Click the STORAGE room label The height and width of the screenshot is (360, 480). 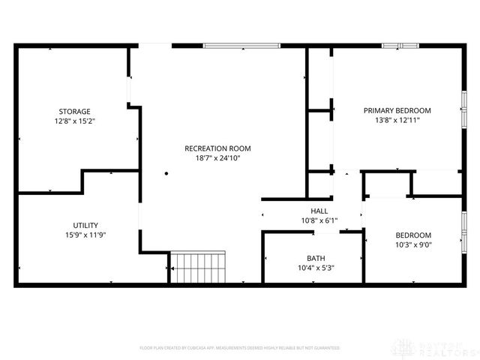pyautogui.click(x=74, y=111)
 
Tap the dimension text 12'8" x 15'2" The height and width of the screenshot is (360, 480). pyautogui.click(x=74, y=121)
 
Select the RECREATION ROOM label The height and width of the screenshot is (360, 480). pyautogui.click(x=217, y=148)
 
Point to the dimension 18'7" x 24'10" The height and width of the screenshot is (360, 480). pyautogui.click(x=217, y=158)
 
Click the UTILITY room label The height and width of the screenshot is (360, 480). pyautogui.click(x=85, y=225)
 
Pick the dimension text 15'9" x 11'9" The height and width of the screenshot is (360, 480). pyautogui.click(x=85, y=235)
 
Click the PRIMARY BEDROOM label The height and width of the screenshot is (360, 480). pyautogui.click(x=397, y=110)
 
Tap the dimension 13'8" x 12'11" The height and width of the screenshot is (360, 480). pyautogui.click(x=397, y=120)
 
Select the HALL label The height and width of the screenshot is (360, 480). pyautogui.click(x=319, y=211)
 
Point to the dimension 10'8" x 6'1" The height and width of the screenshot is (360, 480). pyautogui.click(x=319, y=220)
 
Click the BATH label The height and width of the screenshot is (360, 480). pyautogui.click(x=316, y=258)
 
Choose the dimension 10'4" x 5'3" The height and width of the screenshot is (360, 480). pyautogui.click(x=316, y=268)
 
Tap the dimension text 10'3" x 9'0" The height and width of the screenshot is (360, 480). pyautogui.click(x=413, y=244)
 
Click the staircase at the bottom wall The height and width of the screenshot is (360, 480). pyautogui.click(x=197, y=266)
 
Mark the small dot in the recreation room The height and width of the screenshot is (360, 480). pyautogui.click(x=166, y=173)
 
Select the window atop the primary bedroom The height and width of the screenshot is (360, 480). pyautogui.click(x=400, y=46)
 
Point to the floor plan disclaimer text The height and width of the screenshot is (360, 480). pyautogui.click(x=240, y=348)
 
